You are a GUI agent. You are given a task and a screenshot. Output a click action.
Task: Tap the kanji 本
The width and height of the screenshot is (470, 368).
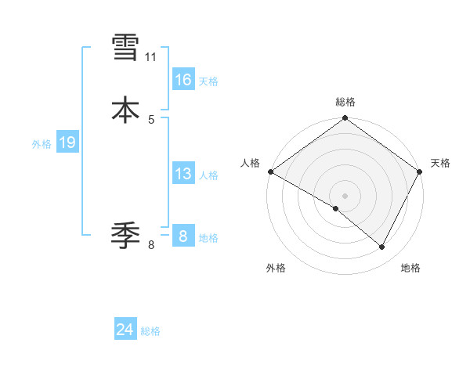click(125, 110)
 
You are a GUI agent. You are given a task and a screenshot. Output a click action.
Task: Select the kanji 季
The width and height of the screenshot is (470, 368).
click(125, 233)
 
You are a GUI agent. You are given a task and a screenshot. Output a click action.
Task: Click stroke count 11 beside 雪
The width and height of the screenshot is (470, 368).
click(150, 57)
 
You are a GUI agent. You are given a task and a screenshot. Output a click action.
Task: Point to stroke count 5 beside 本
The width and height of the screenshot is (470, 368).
click(151, 119)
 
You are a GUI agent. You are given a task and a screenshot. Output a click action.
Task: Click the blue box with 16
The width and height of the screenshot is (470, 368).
click(183, 79)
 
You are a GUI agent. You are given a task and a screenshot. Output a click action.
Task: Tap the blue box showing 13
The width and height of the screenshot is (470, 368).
click(183, 174)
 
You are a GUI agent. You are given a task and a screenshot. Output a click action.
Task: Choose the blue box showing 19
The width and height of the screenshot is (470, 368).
click(67, 143)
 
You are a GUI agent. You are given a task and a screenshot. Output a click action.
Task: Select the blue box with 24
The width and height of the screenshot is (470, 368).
click(125, 330)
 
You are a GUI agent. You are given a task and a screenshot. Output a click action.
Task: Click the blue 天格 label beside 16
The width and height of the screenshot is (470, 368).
click(208, 81)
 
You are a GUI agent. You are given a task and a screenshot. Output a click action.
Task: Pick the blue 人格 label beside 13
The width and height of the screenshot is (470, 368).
click(208, 176)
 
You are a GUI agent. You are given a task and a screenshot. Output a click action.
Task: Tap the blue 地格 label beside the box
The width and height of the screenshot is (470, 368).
click(208, 238)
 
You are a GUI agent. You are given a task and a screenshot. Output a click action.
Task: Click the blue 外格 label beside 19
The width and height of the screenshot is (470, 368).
click(42, 144)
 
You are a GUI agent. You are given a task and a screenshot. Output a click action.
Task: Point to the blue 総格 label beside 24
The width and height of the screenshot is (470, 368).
click(150, 332)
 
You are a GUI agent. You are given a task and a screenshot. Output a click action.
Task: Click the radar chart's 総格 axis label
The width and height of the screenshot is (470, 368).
click(345, 103)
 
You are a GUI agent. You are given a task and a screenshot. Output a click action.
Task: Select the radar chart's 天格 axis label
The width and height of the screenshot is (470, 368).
click(441, 163)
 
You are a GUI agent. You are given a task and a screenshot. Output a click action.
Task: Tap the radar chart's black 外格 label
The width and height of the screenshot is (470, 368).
click(276, 269)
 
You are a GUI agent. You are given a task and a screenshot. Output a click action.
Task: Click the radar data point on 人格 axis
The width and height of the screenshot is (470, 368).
click(270, 171)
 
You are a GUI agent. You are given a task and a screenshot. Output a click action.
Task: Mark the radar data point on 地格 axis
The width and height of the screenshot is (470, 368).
click(382, 247)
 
